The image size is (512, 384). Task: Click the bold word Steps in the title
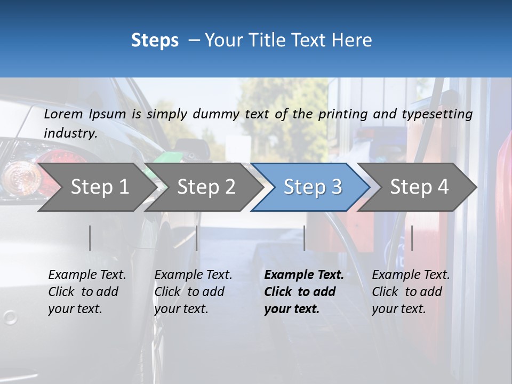click(155, 41)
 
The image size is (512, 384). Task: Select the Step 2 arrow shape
click(206, 187)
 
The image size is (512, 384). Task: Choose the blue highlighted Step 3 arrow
click(313, 187)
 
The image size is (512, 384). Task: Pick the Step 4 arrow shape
click(419, 187)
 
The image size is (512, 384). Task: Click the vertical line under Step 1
click(90, 238)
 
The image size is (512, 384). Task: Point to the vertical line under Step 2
click(197, 238)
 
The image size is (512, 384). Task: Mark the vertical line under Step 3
click(305, 238)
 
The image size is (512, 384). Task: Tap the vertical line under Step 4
click(412, 238)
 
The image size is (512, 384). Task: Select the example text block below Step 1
click(87, 292)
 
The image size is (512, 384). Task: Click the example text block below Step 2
click(193, 292)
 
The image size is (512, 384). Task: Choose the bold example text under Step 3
click(304, 292)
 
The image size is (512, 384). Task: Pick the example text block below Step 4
click(411, 292)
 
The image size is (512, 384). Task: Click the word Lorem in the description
click(63, 114)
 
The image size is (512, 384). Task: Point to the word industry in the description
click(70, 133)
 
